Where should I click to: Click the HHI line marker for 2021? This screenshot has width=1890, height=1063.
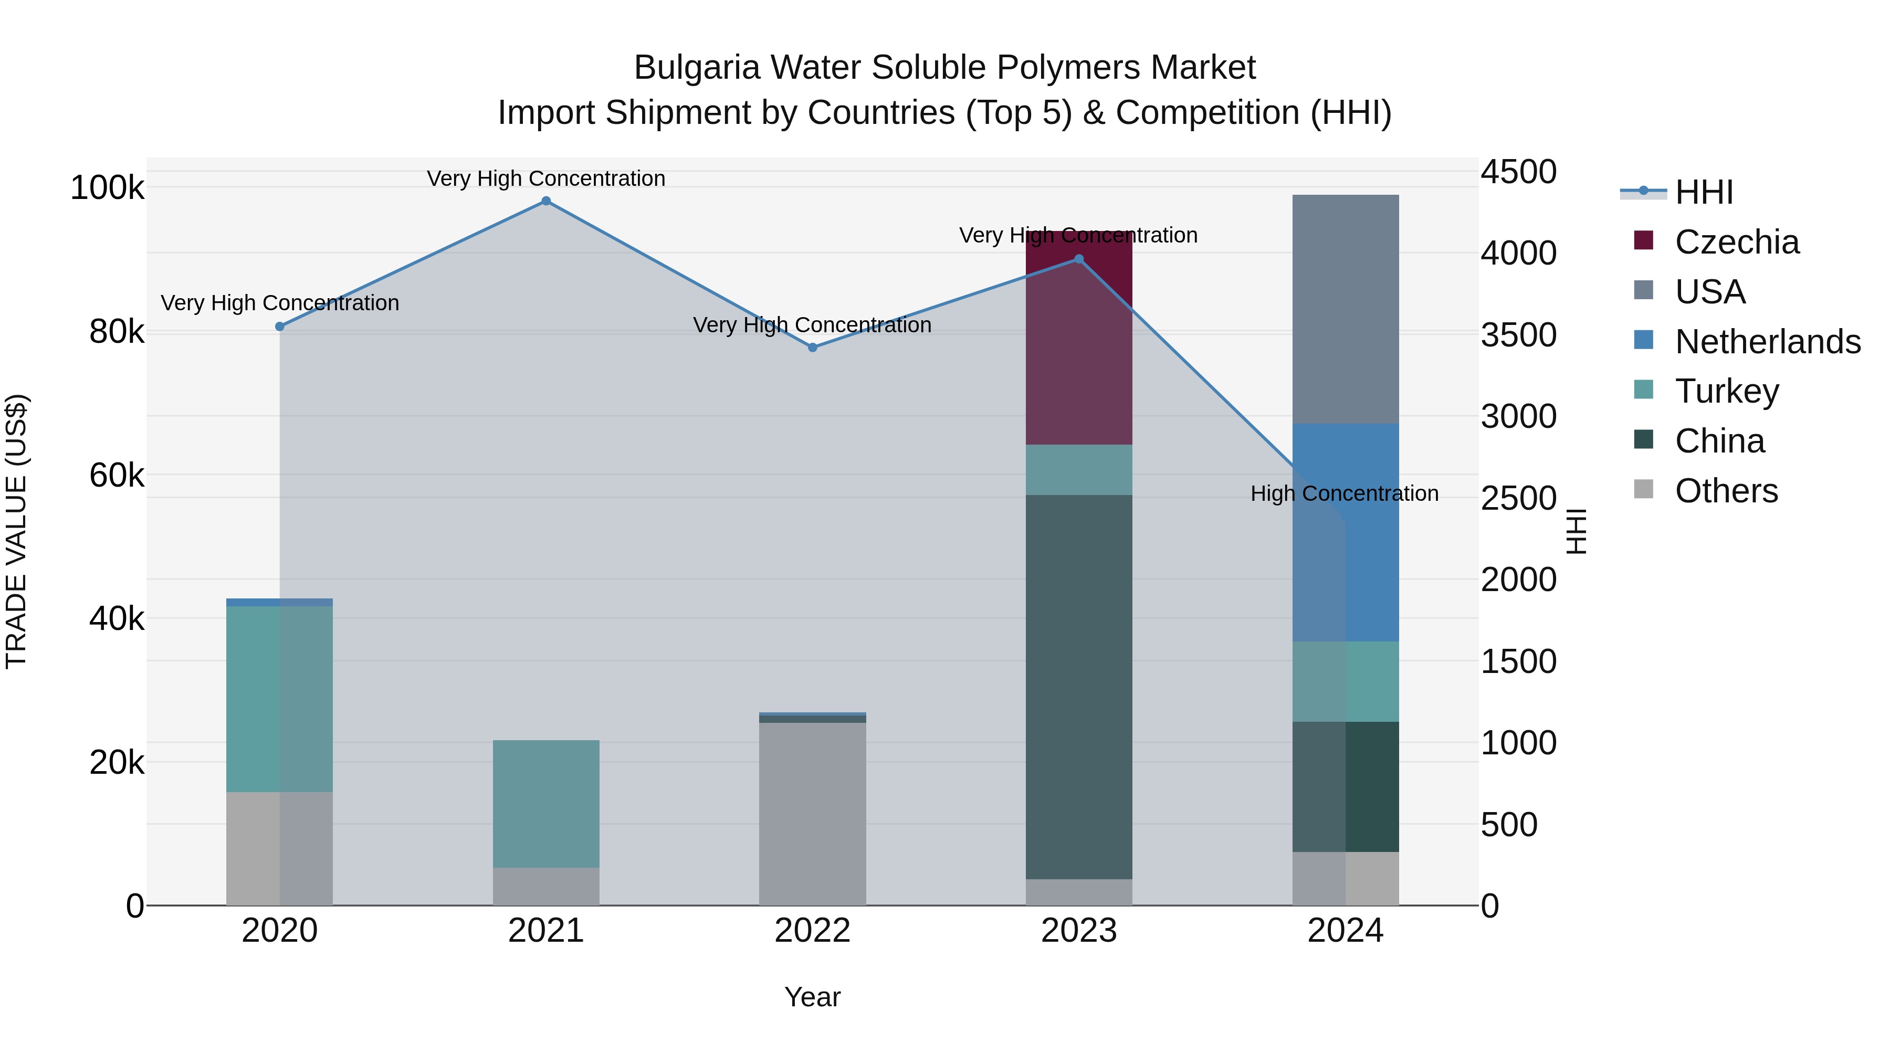pyautogui.click(x=546, y=201)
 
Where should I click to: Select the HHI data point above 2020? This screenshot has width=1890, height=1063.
pyautogui.click(x=279, y=327)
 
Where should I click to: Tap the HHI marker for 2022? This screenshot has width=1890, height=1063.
pyautogui.click(x=812, y=348)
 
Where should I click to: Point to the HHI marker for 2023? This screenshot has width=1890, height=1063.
pyautogui.click(x=1078, y=259)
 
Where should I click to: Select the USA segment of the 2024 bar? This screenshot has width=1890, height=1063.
pyautogui.click(x=1346, y=308)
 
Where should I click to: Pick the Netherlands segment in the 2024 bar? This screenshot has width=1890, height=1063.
pyautogui.click(x=1346, y=532)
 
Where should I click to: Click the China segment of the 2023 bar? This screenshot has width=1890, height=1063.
pyautogui.click(x=1078, y=686)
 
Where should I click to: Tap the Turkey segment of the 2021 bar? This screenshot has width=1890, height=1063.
pyautogui.click(x=546, y=803)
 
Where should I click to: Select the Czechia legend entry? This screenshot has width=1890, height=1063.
pyautogui.click(x=1737, y=242)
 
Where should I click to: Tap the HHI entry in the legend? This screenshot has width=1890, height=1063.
pyautogui.click(x=1704, y=192)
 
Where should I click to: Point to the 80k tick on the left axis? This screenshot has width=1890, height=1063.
pyautogui.click(x=116, y=332)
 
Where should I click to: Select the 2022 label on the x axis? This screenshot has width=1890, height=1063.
pyautogui.click(x=812, y=931)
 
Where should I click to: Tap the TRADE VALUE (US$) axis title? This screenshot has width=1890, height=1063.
pyautogui.click(x=17, y=531)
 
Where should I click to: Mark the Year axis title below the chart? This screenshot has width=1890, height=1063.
pyautogui.click(x=812, y=997)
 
